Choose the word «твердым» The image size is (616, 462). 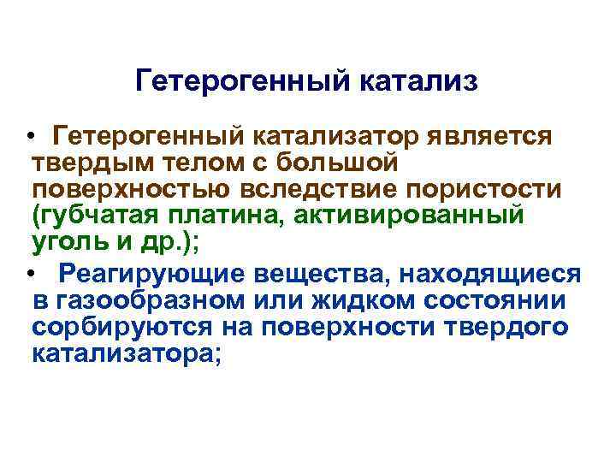click(84, 161)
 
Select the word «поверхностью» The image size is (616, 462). click(116, 187)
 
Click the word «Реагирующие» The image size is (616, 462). click(145, 274)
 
